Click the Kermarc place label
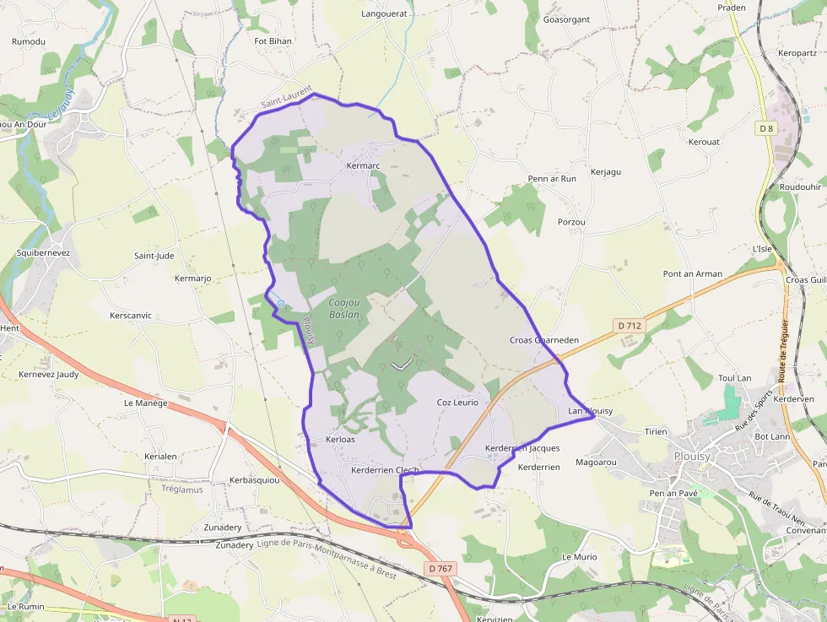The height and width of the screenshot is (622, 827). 364,166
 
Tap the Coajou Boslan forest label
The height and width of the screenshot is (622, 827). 343,308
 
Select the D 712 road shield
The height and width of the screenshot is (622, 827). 630,326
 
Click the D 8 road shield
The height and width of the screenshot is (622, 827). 766,128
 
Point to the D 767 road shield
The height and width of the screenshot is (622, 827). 441,568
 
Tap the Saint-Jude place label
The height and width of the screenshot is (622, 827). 154,256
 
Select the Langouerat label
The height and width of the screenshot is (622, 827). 384,14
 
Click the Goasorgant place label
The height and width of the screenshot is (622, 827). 566,19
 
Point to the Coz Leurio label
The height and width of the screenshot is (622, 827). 457,403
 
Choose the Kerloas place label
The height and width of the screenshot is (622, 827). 340,440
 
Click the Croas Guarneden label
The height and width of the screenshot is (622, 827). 544,340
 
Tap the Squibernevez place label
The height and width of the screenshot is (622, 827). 44,252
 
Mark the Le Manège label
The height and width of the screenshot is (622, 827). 146,403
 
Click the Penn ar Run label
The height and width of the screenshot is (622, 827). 552,179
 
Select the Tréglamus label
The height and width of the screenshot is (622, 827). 182,489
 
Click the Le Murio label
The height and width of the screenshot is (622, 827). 580,557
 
